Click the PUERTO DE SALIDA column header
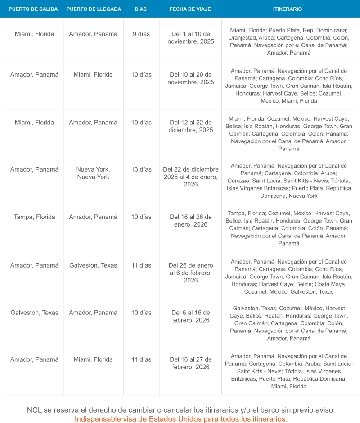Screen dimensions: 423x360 click(33, 9)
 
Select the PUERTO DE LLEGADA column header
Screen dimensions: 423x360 click(94, 9)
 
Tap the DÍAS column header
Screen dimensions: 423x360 click(141, 9)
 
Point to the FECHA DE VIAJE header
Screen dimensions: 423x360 click(190, 9)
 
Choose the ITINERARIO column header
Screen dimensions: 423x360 click(288, 9)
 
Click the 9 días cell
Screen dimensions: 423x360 click(141, 34)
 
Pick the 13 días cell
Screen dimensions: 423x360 click(141, 170)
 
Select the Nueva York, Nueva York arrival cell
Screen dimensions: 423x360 click(93, 173)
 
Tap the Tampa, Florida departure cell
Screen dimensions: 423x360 click(35, 217)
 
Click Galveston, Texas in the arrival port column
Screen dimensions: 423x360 click(93, 265)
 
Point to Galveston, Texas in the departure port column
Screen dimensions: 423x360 click(35, 313)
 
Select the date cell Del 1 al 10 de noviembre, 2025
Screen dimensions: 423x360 click(191, 37)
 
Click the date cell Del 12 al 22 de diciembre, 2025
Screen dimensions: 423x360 click(191, 126)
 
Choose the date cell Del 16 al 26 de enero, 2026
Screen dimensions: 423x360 click(191, 221)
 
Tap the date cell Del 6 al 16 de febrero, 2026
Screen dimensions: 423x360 click(191, 316)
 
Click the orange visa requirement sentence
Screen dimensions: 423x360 click(181, 419)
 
